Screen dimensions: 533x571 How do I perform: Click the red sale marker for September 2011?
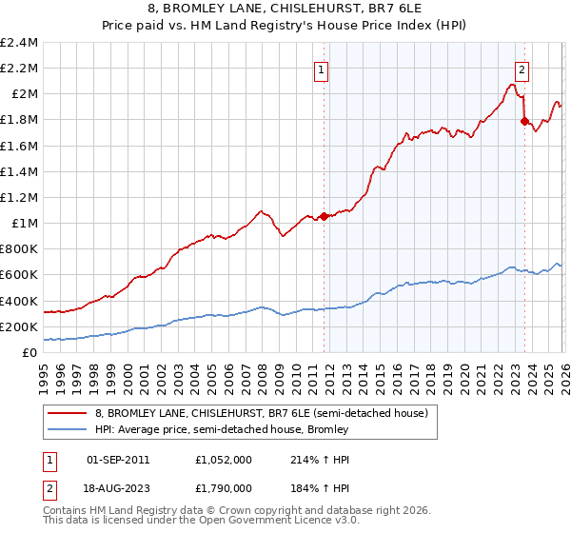[x=324, y=216]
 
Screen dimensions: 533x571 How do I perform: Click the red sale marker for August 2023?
[x=524, y=121]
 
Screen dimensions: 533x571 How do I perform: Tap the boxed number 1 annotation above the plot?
[x=322, y=69]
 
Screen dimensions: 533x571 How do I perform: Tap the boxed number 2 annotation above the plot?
[x=522, y=69]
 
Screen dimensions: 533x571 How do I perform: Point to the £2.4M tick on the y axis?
[x=19, y=43]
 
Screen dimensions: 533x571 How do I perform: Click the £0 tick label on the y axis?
[x=30, y=353]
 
